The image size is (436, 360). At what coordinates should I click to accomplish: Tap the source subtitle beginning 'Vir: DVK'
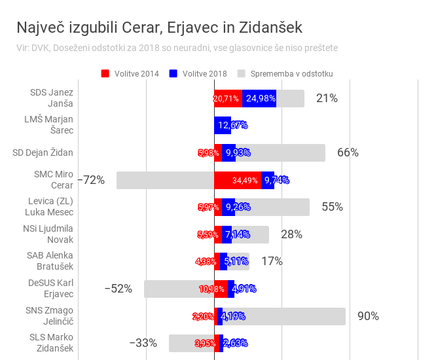(x=177, y=48)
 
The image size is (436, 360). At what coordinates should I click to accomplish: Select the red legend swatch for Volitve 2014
(x=105, y=73)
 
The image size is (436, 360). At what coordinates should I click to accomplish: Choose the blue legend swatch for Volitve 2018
(x=173, y=73)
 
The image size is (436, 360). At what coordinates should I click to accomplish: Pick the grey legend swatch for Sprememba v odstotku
(x=242, y=73)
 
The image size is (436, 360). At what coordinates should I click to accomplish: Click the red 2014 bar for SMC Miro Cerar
(x=238, y=180)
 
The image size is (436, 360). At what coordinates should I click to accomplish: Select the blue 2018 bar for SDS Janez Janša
(x=259, y=99)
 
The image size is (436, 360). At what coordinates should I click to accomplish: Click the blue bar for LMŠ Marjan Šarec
(x=222, y=126)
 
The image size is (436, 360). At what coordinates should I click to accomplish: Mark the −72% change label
(x=91, y=180)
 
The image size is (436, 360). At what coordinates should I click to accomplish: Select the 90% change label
(x=368, y=316)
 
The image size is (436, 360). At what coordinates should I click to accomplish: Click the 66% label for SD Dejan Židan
(x=348, y=153)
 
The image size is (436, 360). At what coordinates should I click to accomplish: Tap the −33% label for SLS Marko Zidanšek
(x=143, y=343)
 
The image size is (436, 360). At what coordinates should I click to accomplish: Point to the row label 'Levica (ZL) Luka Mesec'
(x=50, y=206)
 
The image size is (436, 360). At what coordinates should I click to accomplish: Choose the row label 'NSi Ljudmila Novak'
(x=50, y=234)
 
